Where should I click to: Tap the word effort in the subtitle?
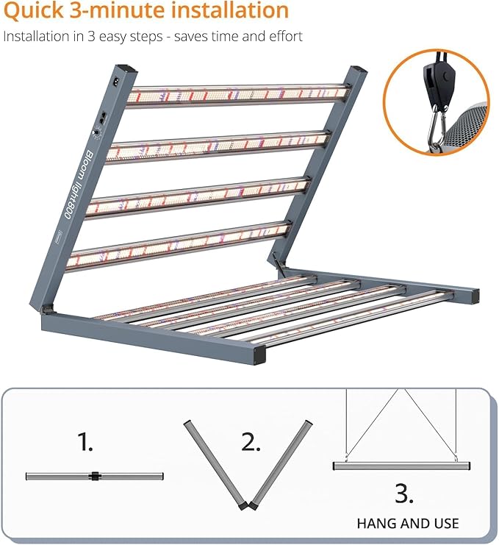pyautogui.click(x=282, y=36)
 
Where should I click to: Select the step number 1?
pyautogui.click(x=87, y=442)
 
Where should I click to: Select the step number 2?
pyautogui.click(x=250, y=442)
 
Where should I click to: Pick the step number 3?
pyautogui.click(x=403, y=493)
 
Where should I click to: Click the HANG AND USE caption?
pyautogui.click(x=408, y=524)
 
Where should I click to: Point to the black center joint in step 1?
pyautogui.click(x=94, y=476)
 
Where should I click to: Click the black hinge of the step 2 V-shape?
pyautogui.click(x=248, y=505)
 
